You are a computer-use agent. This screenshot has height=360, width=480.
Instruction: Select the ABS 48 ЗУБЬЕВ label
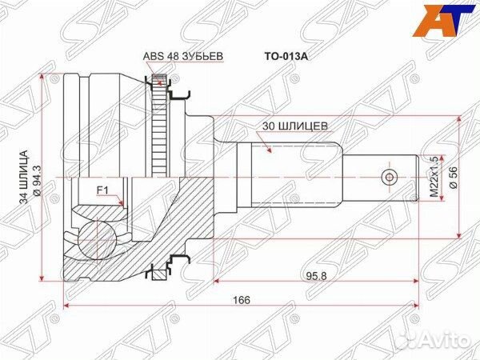pyautogui.click(x=182, y=56)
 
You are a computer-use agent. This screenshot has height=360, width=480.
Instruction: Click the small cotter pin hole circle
pyautogui.click(x=390, y=177)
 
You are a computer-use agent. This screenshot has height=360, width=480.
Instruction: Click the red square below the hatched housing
pyautogui.click(x=158, y=274)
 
